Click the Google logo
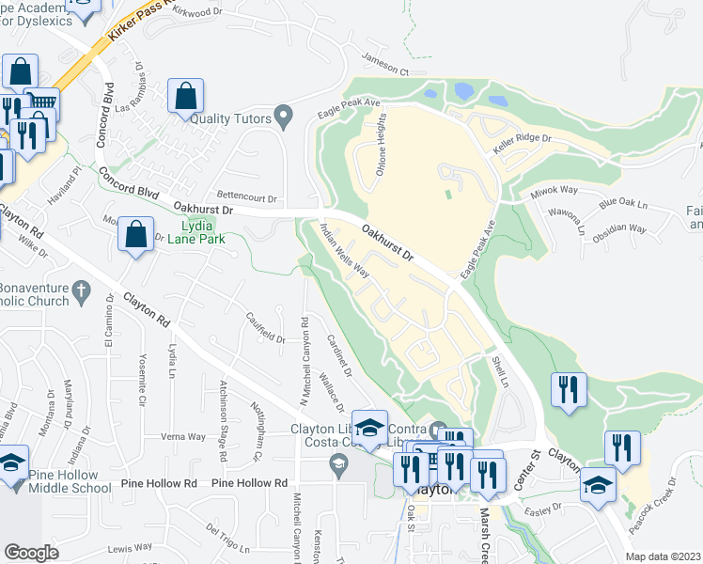coord(31,553)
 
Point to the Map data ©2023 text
coord(663,556)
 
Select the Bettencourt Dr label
coord(247,198)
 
